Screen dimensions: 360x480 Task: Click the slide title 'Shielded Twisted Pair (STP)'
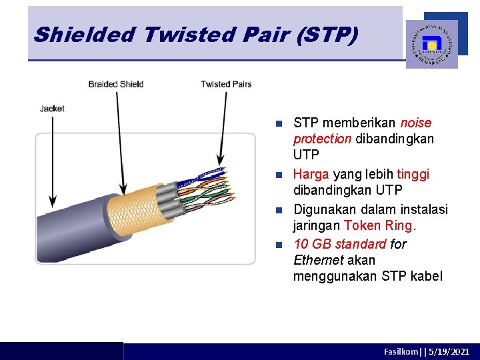click(195, 35)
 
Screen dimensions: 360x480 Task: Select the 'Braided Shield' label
click(116, 84)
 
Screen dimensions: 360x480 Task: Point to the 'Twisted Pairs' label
click(226, 84)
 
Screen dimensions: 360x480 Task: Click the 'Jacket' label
click(52, 108)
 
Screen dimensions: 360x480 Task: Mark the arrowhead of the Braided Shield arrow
click(123, 189)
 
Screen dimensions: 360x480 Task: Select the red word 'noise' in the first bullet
click(416, 123)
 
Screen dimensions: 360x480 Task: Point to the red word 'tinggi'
click(413, 174)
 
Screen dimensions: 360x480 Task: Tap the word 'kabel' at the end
click(426, 276)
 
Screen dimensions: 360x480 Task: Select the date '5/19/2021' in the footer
click(449, 351)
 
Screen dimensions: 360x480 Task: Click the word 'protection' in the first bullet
click(322, 139)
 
